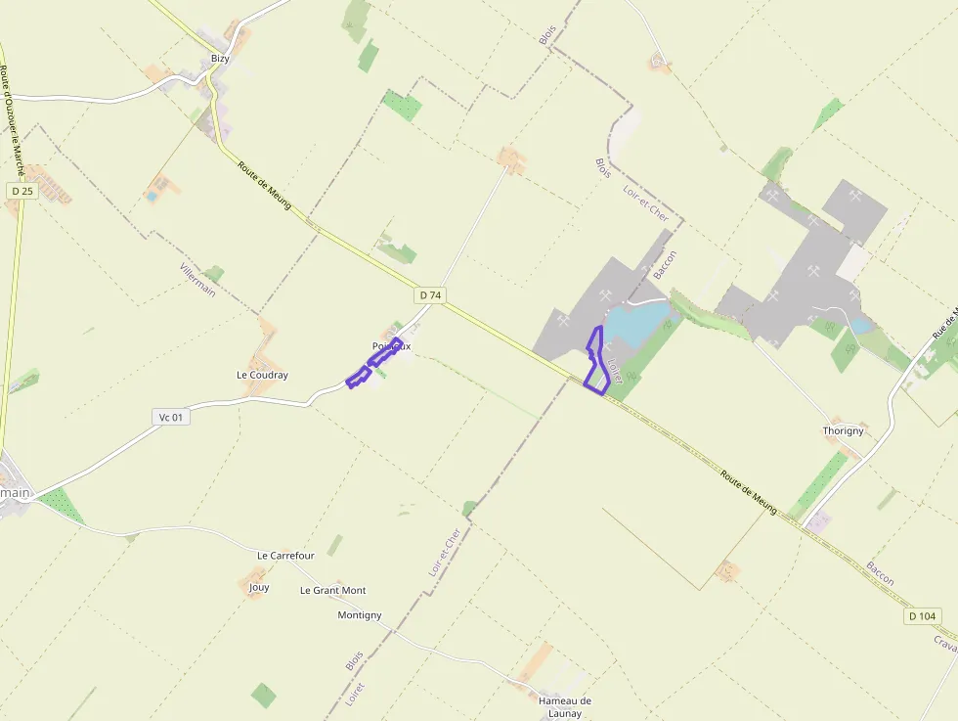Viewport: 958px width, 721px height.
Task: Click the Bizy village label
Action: [x=220, y=59]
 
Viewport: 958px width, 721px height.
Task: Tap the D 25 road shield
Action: [x=22, y=191]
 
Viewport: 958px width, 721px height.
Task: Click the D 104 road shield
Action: [x=922, y=615]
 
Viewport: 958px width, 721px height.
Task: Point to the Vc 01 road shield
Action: [x=171, y=417]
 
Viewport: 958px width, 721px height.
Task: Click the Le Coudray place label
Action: [x=262, y=375]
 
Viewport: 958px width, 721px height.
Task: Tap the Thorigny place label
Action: [x=843, y=430]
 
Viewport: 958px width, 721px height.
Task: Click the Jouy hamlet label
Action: [x=259, y=587]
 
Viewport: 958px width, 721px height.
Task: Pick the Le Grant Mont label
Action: [x=332, y=590]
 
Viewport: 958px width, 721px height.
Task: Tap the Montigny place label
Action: [x=359, y=614]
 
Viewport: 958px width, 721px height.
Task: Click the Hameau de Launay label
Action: [x=565, y=706]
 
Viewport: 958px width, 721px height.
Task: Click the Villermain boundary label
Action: [x=197, y=280]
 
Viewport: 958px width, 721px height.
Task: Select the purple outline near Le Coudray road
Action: [x=373, y=363]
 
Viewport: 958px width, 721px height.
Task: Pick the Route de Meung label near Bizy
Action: [x=264, y=185]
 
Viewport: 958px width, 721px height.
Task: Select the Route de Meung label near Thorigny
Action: [x=748, y=492]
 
